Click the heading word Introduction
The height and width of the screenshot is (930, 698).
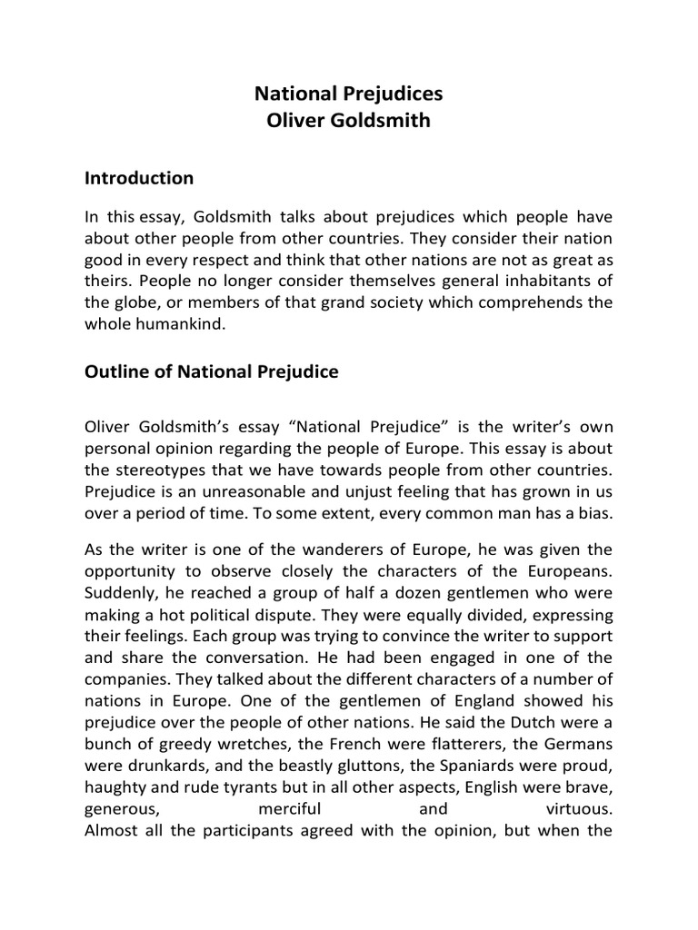(x=139, y=177)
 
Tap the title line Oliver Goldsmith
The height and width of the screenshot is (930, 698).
(x=348, y=121)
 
